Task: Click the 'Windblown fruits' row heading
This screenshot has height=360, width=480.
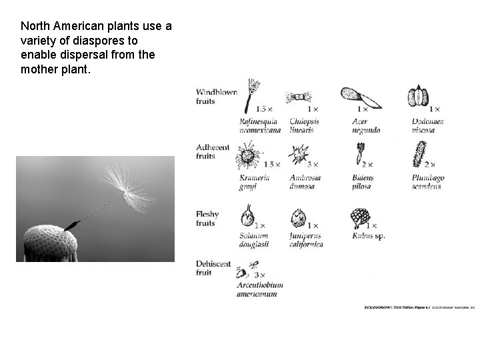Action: pos(216,97)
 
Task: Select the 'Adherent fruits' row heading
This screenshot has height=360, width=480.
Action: pos(213,151)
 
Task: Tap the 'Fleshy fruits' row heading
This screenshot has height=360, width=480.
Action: pos(207,219)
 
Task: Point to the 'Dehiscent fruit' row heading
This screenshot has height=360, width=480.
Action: pos(213,268)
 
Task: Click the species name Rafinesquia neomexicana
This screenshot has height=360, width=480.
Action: pos(260,126)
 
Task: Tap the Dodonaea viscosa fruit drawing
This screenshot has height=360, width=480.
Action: pos(419,97)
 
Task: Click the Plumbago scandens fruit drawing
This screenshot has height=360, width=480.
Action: pos(419,155)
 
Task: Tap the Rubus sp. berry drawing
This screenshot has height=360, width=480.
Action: pos(361,218)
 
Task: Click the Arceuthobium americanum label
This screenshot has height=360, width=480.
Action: pos(260,289)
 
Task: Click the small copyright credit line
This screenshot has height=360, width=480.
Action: pos(419,307)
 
